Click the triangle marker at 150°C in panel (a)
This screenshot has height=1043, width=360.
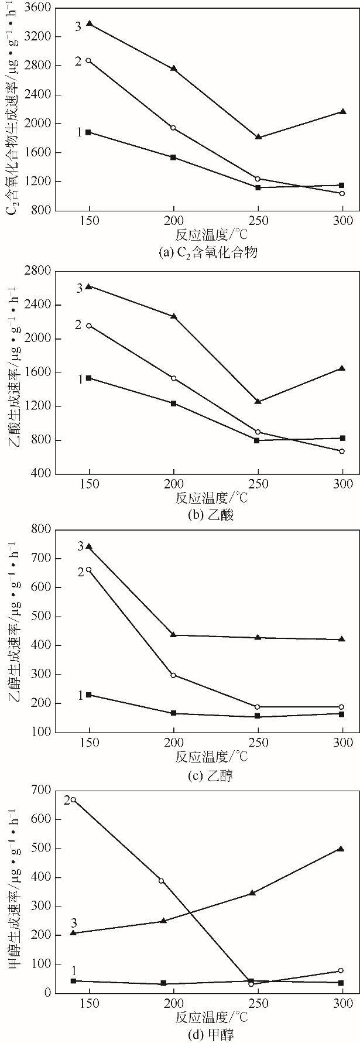pos(89,23)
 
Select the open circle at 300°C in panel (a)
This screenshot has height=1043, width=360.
pos(342,193)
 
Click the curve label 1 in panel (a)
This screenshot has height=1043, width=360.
pos(79,132)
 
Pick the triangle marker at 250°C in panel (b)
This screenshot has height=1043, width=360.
pos(258,401)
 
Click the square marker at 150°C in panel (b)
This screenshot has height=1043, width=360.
pos(89,378)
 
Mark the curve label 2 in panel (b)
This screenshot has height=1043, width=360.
pos(78,324)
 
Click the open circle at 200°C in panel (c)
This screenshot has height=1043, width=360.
pos(173,675)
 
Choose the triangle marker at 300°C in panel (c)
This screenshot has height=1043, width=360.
pos(342,639)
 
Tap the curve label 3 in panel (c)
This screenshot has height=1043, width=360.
pos(81,546)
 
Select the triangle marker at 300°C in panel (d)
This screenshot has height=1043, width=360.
pos(341,849)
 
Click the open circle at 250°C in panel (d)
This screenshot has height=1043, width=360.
pos(251,984)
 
